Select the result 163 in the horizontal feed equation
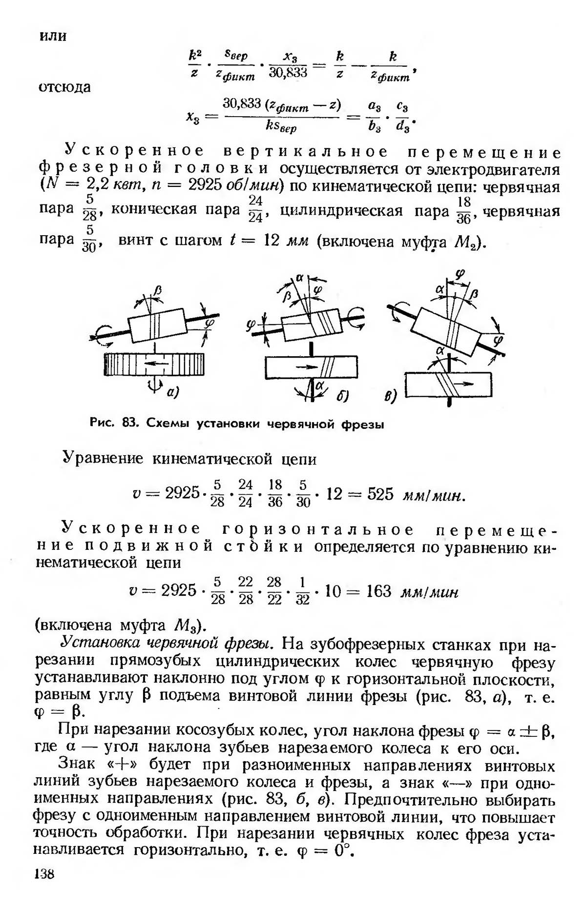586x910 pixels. coord(378,591)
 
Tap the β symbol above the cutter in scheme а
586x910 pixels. coord(157,291)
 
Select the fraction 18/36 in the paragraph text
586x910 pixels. coord(463,211)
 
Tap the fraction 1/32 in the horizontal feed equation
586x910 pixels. coord(303,591)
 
